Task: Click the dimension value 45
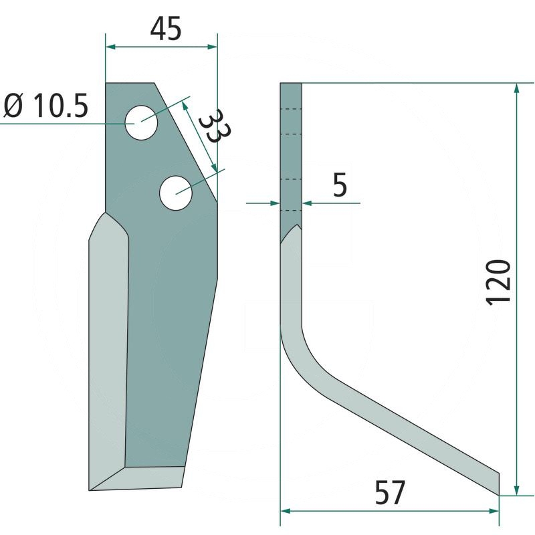click(166, 29)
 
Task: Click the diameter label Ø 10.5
click(45, 107)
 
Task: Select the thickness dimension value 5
click(340, 186)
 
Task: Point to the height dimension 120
click(499, 281)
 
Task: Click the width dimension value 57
click(390, 494)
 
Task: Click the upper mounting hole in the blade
click(142, 123)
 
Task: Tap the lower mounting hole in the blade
click(176, 192)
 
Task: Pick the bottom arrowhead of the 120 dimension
click(516, 491)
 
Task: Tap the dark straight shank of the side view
click(291, 154)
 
